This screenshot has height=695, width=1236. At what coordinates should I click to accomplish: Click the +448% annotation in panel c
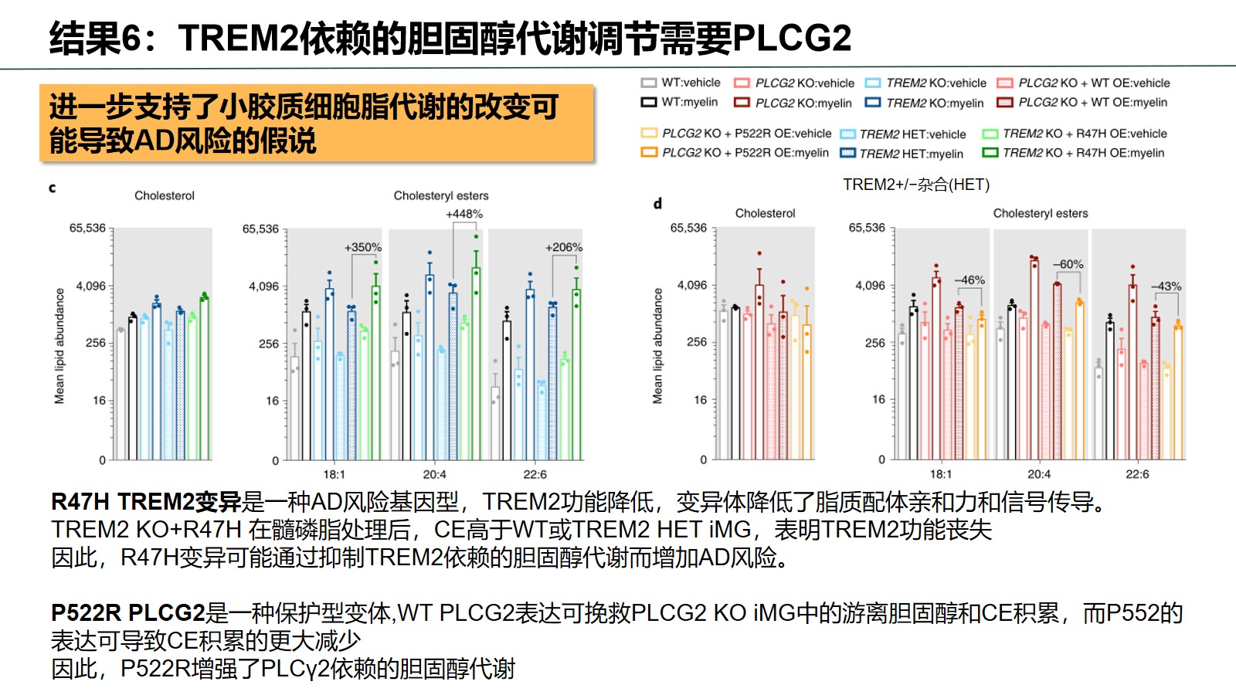click(x=464, y=214)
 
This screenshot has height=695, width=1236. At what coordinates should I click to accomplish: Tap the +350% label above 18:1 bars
click(x=362, y=247)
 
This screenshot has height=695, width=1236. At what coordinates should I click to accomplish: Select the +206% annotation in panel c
click(x=564, y=247)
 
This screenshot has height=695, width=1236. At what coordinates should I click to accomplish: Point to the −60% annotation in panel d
click(x=1068, y=264)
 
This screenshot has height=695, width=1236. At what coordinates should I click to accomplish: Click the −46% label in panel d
click(x=969, y=280)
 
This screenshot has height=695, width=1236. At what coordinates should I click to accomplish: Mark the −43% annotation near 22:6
click(x=1166, y=286)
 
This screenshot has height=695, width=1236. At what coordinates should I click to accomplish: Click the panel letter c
click(x=53, y=188)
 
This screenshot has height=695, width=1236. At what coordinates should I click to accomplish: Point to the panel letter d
click(x=657, y=204)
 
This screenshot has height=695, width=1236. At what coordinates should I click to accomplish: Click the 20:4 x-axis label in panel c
click(x=434, y=474)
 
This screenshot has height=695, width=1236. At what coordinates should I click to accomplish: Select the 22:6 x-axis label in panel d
click(x=1137, y=474)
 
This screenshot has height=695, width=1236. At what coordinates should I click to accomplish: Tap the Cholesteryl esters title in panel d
click(x=1040, y=213)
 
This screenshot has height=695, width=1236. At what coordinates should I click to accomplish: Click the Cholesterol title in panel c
click(x=165, y=195)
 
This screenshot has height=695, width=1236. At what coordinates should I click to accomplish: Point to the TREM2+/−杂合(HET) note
click(x=916, y=185)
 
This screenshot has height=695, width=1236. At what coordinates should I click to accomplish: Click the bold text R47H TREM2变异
click(x=146, y=502)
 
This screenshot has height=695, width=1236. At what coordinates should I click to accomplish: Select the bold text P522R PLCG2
click(x=128, y=613)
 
